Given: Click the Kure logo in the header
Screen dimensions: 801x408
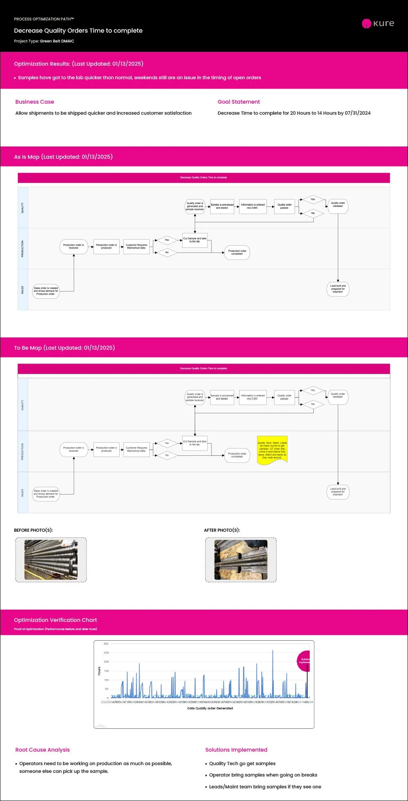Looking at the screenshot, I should point(378,23).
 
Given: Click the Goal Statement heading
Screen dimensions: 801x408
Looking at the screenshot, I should point(239,102).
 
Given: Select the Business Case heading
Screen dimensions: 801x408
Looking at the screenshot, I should point(35,102).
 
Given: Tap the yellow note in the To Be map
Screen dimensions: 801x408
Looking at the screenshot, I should point(272,450).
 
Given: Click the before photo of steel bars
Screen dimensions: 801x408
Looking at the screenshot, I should point(51,559).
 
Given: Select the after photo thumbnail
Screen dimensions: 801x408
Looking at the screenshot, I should point(241,559).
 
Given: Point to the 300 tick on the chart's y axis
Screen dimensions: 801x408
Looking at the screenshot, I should point(106,643).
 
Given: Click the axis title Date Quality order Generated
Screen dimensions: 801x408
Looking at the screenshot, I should point(210,708).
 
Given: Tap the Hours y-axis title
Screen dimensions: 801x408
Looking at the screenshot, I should point(99,671).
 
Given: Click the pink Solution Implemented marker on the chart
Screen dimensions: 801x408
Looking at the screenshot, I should point(304,661).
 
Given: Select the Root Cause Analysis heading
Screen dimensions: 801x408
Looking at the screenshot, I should point(42,750).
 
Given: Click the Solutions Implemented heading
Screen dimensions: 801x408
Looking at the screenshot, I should point(236,750).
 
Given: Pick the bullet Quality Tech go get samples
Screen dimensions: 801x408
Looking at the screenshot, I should point(242,763).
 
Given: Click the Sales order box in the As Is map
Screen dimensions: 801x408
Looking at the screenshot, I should point(46,291).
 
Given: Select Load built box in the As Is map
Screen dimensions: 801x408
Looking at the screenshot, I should point(338,289).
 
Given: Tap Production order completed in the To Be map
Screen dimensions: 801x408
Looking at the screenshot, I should point(237,455).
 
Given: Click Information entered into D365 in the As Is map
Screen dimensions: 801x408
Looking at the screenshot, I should point(253,206).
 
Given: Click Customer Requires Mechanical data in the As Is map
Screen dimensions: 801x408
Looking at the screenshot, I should point(136,246).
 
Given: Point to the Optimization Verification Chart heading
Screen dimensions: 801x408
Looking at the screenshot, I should point(55,620).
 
